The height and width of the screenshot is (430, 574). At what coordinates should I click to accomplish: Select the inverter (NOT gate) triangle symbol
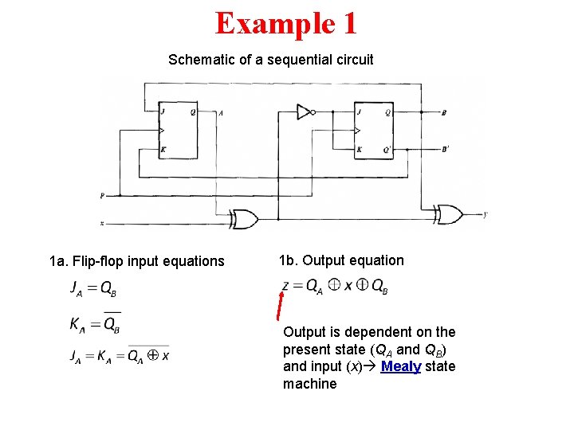[x=304, y=111]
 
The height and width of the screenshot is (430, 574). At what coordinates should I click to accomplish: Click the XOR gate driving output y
[x=449, y=213]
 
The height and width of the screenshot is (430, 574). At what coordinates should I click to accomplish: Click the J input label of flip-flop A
[x=163, y=112]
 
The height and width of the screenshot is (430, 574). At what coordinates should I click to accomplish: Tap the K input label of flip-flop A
[x=163, y=149]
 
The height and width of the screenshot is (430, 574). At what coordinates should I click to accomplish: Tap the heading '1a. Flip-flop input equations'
[x=137, y=261]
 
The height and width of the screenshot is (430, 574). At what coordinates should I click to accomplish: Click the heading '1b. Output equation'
[x=341, y=260]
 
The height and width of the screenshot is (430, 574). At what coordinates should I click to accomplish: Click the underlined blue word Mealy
[x=400, y=366]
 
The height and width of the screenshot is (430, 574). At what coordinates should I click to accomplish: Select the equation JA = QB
[x=93, y=288]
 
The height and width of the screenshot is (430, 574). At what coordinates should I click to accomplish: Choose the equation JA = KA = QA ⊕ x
[x=119, y=356]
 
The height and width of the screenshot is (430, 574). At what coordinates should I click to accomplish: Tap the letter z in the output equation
[x=286, y=286]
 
